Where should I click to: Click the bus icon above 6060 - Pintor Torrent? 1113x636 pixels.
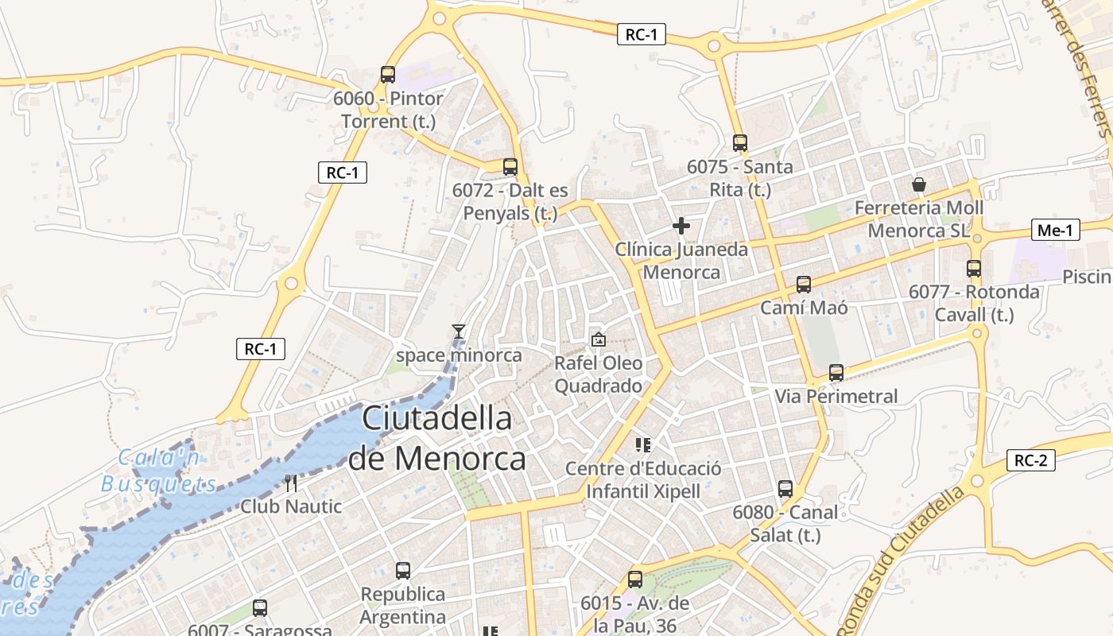coord(388,75)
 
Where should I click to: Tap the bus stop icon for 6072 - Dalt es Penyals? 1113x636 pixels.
coord(510,167)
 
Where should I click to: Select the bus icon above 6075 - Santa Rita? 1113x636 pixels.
coord(740,143)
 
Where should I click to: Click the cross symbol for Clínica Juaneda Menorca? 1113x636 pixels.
coord(681,226)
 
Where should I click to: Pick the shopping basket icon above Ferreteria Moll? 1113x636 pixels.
coord(919,184)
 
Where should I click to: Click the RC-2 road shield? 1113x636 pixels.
coord(1031,460)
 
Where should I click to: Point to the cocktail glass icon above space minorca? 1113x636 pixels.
coord(458,332)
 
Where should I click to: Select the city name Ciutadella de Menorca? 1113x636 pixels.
coord(436,438)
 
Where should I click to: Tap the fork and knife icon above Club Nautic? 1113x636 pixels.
coord(291,483)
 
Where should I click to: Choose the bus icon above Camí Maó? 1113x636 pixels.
coord(804,285)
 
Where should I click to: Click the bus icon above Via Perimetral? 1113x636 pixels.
coord(836,373)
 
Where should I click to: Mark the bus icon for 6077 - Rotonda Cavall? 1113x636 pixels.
coord(974,269)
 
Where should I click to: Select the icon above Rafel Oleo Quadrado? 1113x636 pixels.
coord(598,339)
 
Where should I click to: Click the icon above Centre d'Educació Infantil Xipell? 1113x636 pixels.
coord(643,445)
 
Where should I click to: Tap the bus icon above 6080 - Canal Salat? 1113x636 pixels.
coord(785,489)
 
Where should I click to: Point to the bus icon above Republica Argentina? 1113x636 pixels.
coord(403,571)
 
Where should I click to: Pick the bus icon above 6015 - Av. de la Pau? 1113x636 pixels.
coord(634,580)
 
